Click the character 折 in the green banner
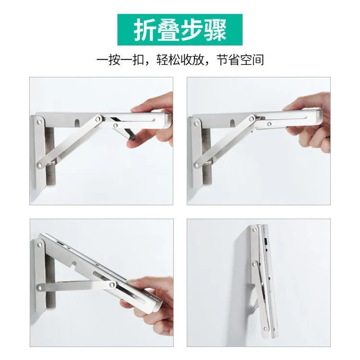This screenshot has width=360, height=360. pos(145,30)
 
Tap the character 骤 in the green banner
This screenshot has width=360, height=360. pos(216,30)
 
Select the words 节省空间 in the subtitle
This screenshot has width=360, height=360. pos(240,60)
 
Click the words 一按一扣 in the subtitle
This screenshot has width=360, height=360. pos(120,60)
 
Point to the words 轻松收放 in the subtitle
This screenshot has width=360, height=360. pos(180,60)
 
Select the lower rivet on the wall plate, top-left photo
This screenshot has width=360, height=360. pos(40,165)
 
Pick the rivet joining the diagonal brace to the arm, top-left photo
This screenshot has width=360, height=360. pos(99,119)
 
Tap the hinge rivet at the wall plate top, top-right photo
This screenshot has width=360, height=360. pos(196,123)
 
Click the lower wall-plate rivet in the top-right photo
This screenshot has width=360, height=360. pos(196,165)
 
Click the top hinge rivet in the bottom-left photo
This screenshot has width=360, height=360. pos(39,243)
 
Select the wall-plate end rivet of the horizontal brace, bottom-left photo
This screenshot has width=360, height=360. pos(40,288)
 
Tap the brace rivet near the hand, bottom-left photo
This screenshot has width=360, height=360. pos(112,285)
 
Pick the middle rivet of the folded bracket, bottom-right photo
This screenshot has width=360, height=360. pos(254,264)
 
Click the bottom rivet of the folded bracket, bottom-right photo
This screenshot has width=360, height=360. pos(266,329)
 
